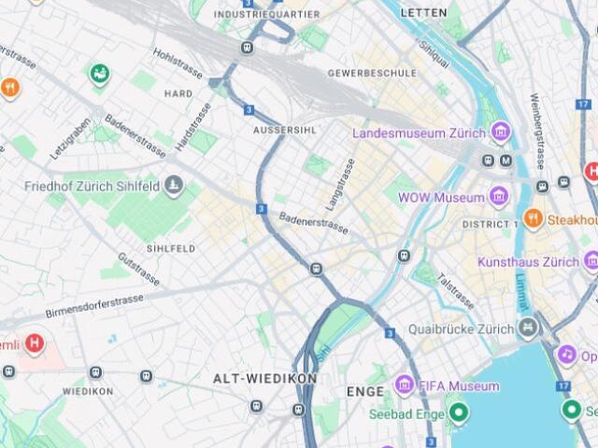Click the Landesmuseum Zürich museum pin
coord(501,133)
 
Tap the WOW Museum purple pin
coord(498,197)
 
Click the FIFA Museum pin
coord(404,385)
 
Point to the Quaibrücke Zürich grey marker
coord(530,329)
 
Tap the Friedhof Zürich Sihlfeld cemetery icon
coord(173,187)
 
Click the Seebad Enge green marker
coord(458,412)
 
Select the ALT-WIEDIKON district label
coord(265,379)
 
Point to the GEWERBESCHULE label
coord(372,73)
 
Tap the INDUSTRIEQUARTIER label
coord(266,14)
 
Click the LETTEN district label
coord(423,13)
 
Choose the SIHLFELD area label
coord(170,249)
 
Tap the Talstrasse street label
coord(455,290)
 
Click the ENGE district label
coord(364,391)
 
